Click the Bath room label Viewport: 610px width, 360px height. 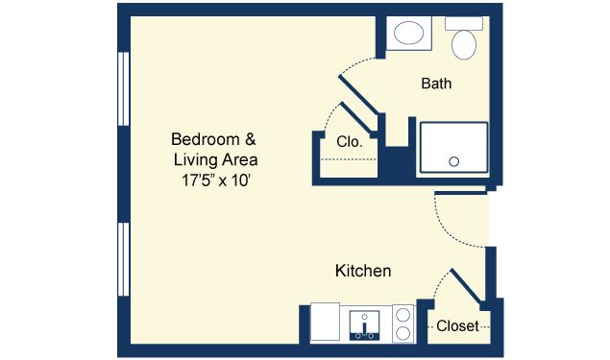(x=436, y=84)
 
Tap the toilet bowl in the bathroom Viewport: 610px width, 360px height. (x=464, y=45)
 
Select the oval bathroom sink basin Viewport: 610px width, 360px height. (x=408, y=33)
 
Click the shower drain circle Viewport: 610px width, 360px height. (x=453, y=161)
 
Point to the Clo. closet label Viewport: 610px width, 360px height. (x=350, y=141)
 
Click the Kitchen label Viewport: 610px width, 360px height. (x=363, y=271)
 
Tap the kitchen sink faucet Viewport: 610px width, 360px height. (x=364, y=325)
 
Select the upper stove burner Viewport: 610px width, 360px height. (x=403, y=315)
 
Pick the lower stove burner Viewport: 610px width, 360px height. (x=403, y=333)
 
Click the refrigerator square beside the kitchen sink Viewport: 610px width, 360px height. (x=325, y=322)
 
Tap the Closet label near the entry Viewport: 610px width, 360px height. (x=457, y=325)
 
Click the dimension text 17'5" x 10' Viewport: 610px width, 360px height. (x=215, y=180)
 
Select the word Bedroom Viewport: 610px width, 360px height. (x=205, y=139)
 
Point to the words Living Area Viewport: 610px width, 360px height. (x=215, y=159)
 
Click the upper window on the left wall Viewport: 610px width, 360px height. (x=123, y=89)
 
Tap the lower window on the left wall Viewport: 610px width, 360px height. (x=123, y=259)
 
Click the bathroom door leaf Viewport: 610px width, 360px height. (x=358, y=94)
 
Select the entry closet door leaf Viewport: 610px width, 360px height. (x=466, y=285)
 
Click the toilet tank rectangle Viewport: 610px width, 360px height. (x=464, y=23)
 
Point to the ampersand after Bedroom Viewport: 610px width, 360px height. (x=250, y=139)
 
